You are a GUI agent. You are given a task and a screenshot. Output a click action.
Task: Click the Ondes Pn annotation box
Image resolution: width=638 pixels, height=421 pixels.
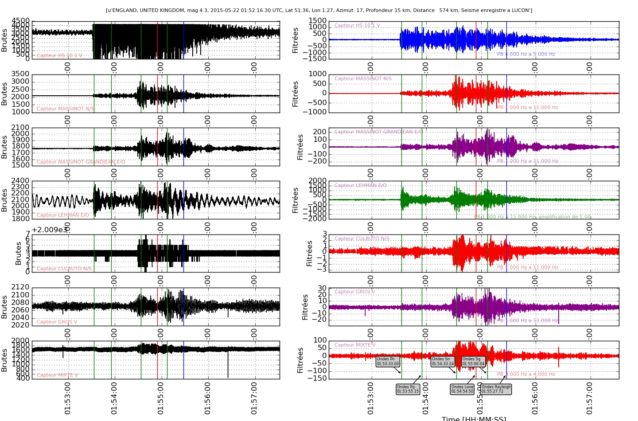point(388,362)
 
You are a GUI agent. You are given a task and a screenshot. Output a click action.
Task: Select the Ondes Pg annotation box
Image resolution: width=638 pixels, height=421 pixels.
point(408,389)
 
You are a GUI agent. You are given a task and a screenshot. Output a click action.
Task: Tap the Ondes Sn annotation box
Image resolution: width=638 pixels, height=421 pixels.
point(443,362)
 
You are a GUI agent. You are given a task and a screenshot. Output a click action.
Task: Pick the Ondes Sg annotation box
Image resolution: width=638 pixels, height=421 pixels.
point(474,362)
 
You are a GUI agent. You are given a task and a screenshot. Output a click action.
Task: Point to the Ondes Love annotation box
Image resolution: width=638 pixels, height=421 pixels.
point(462,389)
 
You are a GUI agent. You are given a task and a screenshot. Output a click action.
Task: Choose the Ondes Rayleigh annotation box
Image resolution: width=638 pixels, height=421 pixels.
point(496,389)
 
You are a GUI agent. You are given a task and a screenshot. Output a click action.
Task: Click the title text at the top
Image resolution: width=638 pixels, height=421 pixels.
point(319,10)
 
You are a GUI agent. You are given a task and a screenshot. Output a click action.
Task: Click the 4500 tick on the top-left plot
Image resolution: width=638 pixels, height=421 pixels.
point(21,21)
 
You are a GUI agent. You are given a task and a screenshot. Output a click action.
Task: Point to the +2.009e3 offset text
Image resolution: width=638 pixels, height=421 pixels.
point(50,230)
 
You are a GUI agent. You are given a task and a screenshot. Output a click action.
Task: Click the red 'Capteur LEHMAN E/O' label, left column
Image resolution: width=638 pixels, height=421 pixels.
point(63,215)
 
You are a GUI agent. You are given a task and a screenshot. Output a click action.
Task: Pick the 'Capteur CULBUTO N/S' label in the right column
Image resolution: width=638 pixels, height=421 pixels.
point(362,239)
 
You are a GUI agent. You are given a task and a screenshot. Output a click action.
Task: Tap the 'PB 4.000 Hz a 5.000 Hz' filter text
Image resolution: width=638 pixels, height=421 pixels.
point(526,55)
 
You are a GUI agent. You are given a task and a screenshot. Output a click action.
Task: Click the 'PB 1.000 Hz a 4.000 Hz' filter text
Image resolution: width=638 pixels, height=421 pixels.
point(526,374)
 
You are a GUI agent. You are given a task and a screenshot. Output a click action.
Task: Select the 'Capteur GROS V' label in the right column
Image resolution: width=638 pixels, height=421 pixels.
point(354,292)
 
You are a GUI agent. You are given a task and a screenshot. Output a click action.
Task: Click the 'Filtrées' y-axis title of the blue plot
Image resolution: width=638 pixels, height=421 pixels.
point(296,40)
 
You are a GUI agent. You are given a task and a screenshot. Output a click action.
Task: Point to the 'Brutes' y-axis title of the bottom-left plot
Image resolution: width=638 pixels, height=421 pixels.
point(4,360)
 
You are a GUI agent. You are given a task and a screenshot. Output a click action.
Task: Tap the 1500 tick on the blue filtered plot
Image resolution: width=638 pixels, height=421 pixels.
point(318,21)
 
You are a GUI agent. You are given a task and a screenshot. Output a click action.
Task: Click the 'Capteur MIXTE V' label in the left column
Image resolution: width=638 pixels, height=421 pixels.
point(57,375)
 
